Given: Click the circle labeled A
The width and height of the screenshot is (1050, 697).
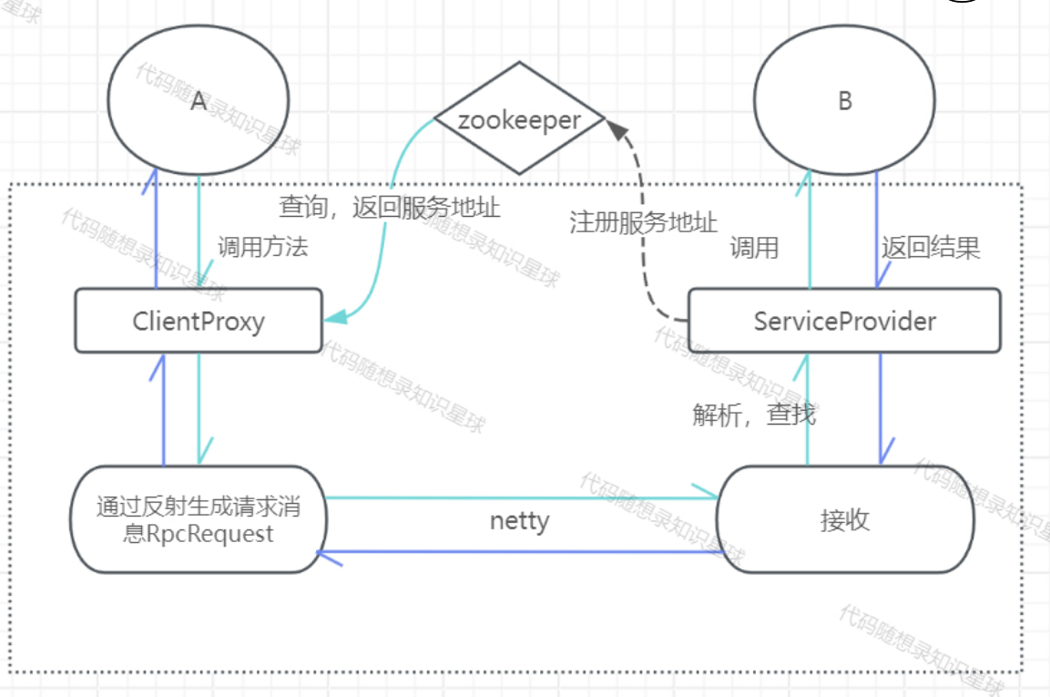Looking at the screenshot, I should (199, 101).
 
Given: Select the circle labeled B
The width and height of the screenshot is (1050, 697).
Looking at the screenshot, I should (844, 101).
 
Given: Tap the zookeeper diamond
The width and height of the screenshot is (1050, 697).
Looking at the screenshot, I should (519, 119).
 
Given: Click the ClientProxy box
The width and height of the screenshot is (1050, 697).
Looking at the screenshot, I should (199, 321).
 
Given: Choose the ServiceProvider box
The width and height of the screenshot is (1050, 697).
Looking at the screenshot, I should (844, 321).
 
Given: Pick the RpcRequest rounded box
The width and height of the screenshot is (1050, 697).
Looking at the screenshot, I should (199, 520).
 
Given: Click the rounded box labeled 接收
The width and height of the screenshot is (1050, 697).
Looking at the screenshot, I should (844, 520).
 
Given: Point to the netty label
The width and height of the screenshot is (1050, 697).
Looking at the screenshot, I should (519, 521).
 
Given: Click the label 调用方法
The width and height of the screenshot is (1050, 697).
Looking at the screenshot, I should (262, 247).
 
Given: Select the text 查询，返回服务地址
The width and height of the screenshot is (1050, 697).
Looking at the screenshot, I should (389, 207).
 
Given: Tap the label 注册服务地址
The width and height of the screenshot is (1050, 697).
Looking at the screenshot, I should (643, 223).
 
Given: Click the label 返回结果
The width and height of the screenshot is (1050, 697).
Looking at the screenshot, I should (931, 248).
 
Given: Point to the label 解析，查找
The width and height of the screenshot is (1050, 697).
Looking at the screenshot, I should (754, 415).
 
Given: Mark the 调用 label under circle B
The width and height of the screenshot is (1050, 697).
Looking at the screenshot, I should (754, 248).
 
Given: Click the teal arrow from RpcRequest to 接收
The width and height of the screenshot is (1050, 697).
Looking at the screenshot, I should (519, 498).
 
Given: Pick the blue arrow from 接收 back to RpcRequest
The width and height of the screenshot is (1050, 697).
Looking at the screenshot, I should (519, 552).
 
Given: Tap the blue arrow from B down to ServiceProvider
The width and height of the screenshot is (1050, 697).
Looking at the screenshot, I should (877, 228).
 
